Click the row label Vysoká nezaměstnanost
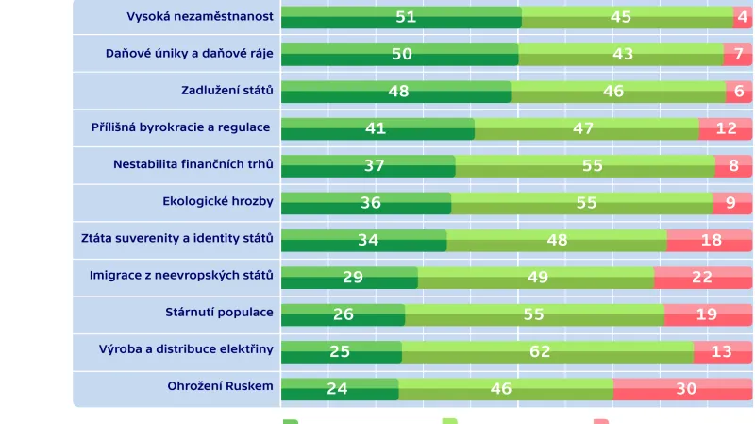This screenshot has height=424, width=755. coord(200,16)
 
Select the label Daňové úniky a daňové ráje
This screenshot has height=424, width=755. coord(189,53)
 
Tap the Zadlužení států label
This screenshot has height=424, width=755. coord(226,91)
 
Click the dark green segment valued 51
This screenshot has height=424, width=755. coord(401,17)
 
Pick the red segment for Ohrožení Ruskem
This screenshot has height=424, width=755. coord(682,388)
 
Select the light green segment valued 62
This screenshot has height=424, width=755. coord(547,351)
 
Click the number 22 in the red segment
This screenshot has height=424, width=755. coord(703,277)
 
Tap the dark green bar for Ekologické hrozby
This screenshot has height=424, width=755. coord(365,203)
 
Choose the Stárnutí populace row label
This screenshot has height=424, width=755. coord(219,313)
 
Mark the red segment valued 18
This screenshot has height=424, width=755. coord(710,240)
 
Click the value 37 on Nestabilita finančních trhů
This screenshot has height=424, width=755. coord(375,165)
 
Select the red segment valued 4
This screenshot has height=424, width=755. coord(743,17)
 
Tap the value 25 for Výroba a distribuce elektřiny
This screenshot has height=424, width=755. coord(340,351)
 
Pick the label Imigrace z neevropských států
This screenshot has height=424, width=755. coord(180,275)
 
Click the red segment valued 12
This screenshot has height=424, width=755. coord(725,128)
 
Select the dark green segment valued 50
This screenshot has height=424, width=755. coord(400,54)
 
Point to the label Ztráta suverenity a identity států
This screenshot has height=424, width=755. coord(176,238)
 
